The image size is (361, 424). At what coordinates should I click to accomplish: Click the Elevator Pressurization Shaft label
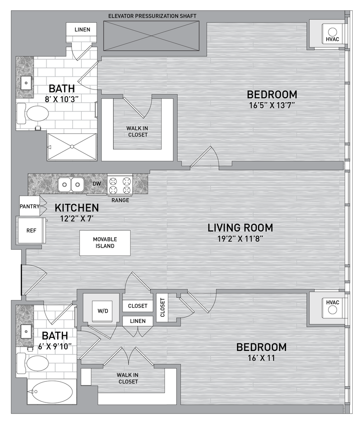(152, 16)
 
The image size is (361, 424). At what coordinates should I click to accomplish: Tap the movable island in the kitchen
(105, 243)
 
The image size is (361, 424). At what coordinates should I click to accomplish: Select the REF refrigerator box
(31, 230)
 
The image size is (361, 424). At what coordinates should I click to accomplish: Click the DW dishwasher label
(97, 183)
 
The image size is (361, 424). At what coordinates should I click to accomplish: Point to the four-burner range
(120, 185)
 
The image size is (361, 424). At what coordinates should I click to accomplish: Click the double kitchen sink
(71, 184)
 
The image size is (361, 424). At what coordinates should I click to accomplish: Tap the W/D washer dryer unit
(103, 311)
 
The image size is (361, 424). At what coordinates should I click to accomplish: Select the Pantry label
(29, 206)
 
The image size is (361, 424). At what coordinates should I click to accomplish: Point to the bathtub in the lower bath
(51, 391)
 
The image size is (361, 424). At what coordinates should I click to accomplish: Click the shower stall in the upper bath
(72, 147)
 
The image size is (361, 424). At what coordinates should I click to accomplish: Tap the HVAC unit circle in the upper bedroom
(332, 32)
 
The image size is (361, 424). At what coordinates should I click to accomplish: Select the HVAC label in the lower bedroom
(332, 303)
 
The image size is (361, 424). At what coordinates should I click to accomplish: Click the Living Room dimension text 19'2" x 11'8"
(240, 239)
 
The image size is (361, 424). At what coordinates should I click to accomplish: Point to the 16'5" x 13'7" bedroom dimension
(272, 105)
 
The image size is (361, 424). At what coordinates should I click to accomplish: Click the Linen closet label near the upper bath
(82, 29)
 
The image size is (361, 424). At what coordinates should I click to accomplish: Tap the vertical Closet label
(162, 307)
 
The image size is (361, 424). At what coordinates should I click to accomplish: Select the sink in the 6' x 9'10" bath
(26, 331)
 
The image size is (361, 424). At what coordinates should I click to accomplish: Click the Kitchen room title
(77, 208)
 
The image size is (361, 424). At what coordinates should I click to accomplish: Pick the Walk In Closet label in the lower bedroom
(128, 378)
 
